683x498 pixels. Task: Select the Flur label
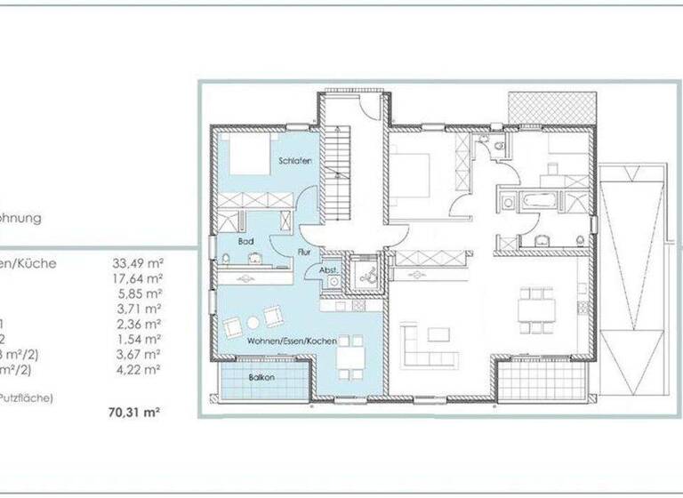point(303,252)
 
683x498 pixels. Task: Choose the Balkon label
point(261,377)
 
